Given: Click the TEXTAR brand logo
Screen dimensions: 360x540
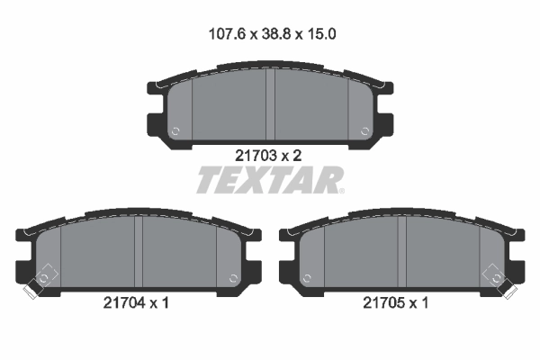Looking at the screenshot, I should tap(268, 181).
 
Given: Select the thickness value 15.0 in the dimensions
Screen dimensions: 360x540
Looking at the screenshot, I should tap(320, 35).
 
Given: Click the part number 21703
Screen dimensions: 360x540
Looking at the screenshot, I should tap(254, 155).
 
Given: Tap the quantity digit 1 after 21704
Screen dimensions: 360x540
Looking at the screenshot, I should tap(166, 303).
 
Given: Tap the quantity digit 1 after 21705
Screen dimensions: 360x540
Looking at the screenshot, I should tap(425, 303).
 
